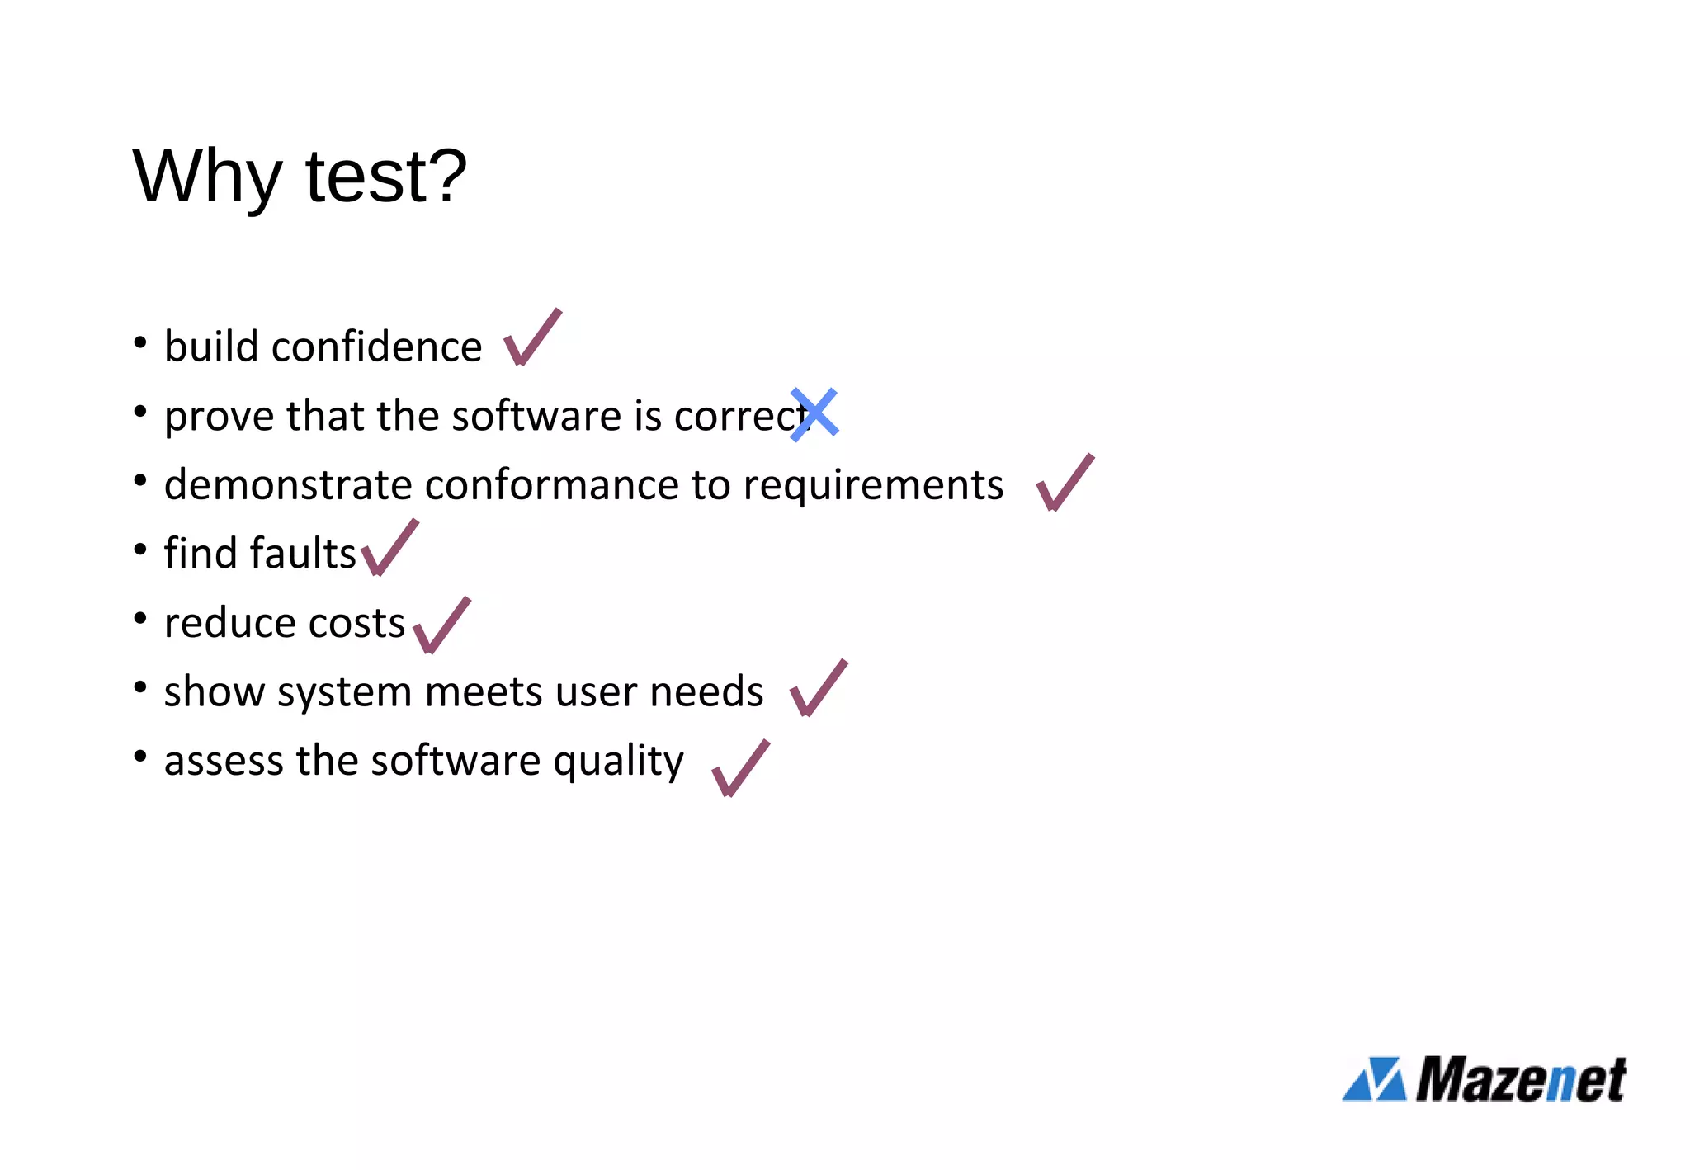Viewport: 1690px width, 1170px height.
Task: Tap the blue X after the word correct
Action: pyautogui.click(x=814, y=414)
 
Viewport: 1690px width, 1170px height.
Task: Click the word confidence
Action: pyautogui.click(x=376, y=347)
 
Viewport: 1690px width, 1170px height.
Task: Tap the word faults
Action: pyautogui.click(x=304, y=554)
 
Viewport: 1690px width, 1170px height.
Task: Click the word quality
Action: pyautogui.click(x=618, y=762)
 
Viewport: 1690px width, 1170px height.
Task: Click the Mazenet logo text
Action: pyautogui.click(x=1520, y=1080)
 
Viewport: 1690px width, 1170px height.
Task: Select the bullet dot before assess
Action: pyautogui.click(x=140, y=756)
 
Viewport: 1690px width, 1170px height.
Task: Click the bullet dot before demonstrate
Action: pyautogui.click(x=140, y=479)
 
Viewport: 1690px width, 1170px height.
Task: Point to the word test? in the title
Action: pyautogui.click(x=385, y=177)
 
